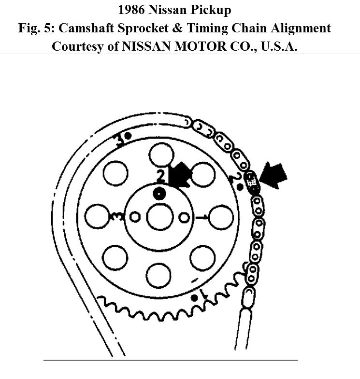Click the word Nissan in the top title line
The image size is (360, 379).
[x=173, y=10]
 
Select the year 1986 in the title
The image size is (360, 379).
[x=133, y=10]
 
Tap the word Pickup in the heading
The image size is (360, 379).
[x=217, y=10]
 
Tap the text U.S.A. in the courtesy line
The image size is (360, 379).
[x=278, y=46]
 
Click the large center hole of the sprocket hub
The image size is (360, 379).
[x=159, y=217]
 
